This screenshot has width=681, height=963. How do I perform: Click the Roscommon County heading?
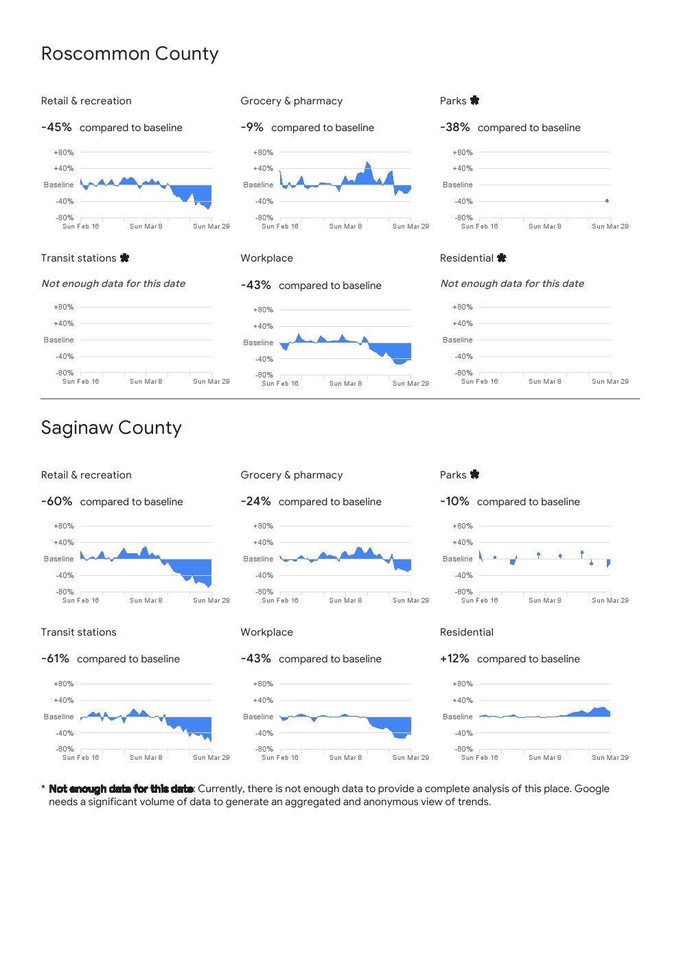pyautogui.click(x=130, y=54)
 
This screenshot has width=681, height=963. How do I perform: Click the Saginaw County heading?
pyautogui.click(x=111, y=428)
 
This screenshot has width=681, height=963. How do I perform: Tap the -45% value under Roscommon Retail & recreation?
pyautogui.click(x=56, y=128)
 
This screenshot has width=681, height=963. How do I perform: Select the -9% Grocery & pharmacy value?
pyautogui.click(x=252, y=128)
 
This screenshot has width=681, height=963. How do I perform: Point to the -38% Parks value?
pyautogui.click(x=455, y=128)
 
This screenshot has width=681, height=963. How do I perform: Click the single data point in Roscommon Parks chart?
pyautogui.click(x=607, y=200)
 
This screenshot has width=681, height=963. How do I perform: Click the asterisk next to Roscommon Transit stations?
pyautogui.click(x=124, y=258)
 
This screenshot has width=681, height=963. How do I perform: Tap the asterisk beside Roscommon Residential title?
pyautogui.click(x=502, y=258)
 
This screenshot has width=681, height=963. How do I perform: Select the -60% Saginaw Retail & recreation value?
pyautogui.click(x=56, y=502)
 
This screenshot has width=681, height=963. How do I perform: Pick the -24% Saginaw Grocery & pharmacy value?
pyautogui.click(x=255, y=502)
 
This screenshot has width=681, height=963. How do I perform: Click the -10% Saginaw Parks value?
pyautogui.click(x=454, y=502)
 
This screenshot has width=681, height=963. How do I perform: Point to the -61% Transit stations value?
pyautogui.click(x=55, y=659)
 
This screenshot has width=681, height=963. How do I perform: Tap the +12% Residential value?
pyautogui.click(x=454, y=659)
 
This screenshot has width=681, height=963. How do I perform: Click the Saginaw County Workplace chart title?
pyautogui.click(x=266, y=632)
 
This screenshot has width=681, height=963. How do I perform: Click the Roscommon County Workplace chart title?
pyautogui.click(x=266, y=258)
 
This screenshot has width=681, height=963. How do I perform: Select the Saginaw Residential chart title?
pyautogui.click(x=467, y=632)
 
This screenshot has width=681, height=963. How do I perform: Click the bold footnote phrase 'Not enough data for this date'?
pyautogui.click(x=121, y=789)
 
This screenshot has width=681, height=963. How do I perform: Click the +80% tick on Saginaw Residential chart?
pyautogui.click(x=463, y=684)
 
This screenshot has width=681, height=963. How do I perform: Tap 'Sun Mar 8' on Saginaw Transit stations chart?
pyautogui.click(x=146, y=758)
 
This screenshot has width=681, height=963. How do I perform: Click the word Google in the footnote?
pyautogui.click(x=592, y=789)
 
